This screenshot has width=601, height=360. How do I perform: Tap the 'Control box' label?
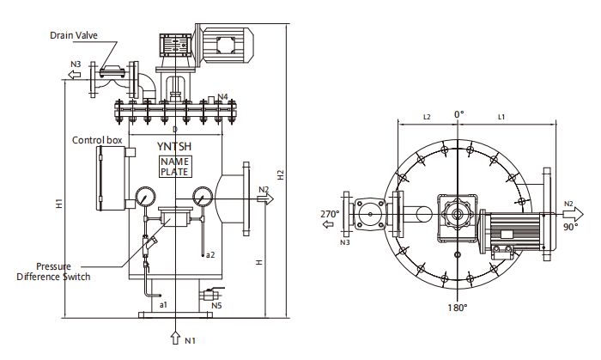click(97, 140)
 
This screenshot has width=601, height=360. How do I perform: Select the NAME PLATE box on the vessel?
click(175, 167)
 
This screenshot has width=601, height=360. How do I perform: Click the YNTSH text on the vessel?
click(175, 146)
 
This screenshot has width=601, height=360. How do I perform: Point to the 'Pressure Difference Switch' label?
click(53, 272)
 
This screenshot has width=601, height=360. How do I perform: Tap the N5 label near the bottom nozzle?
click(216, 305)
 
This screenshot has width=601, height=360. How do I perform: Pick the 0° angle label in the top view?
click(458, 113)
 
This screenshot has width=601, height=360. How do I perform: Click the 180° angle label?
click(458, 308)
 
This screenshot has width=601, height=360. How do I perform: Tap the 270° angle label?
click(330, 214)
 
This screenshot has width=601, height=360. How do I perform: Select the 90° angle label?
click(571, 229)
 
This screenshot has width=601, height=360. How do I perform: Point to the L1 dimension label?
click(502, 115)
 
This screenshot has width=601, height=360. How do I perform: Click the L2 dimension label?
click(427, 115)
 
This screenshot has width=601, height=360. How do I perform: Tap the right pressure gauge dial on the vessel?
click(203, 195)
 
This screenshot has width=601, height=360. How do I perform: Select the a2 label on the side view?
click(209, 254)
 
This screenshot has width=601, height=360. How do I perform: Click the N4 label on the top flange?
click(222, 95)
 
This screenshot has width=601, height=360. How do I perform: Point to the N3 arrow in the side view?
click(75, 75)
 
